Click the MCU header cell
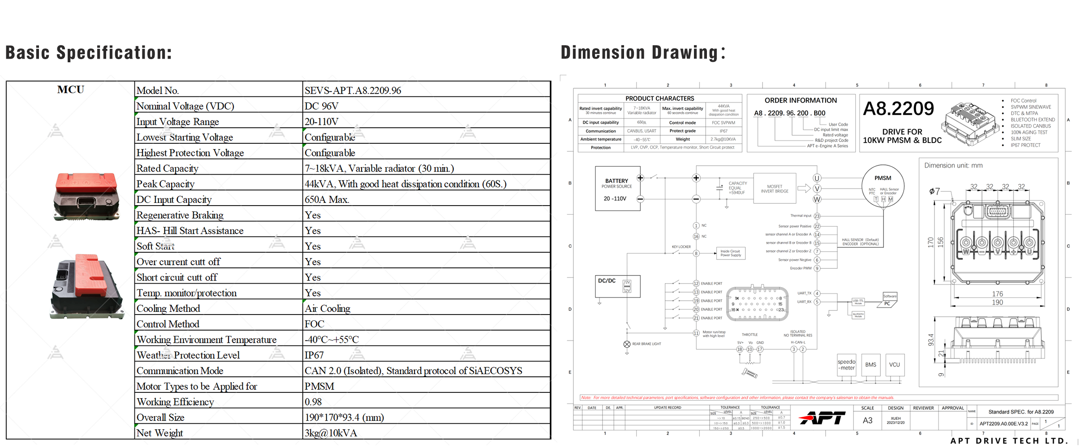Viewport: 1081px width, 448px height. (70, 90)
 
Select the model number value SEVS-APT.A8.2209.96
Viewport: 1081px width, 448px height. (353, 90)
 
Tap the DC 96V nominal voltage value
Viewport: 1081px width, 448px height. (321, 106)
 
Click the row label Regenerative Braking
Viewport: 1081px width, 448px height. (180, 215)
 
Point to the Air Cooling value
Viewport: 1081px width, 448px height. (327, 309)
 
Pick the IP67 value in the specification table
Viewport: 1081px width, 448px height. (314, 355)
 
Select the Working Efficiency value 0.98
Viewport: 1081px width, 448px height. (313, 402)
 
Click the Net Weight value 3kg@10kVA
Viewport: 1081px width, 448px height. (331, 433)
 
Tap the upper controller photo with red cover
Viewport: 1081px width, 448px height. (86, 196)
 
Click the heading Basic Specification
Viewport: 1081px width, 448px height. (89, 53)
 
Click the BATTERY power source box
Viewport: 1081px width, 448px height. (617, 189)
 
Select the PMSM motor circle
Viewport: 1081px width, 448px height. (883, 185)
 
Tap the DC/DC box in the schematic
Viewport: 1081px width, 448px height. (617, 286)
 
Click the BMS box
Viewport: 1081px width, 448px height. (870, 365)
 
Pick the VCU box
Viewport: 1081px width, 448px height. (894, 365)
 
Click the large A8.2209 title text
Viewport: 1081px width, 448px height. (898, 109)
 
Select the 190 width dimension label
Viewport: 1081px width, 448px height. (997, 302)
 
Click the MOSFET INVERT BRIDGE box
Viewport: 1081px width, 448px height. (775, 189)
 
